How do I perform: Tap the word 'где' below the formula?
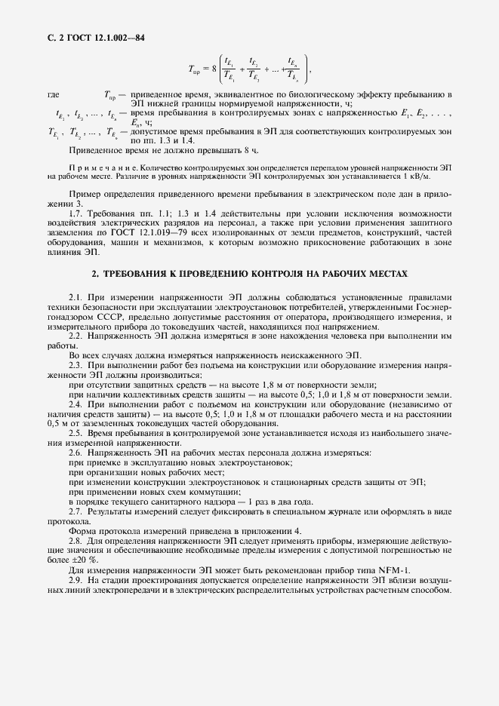click(54, 95)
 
